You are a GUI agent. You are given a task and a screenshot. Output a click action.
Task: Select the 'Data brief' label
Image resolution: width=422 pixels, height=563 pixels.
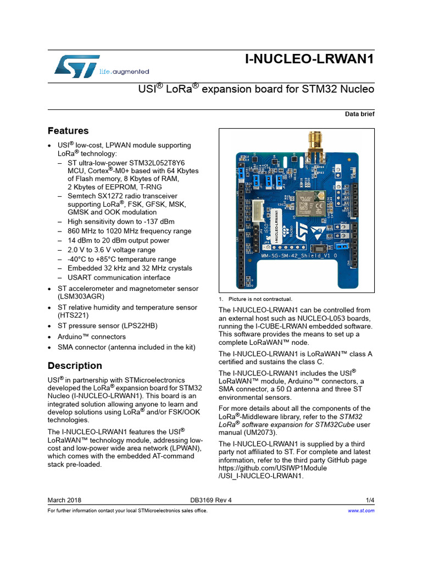click(x=359, y=114)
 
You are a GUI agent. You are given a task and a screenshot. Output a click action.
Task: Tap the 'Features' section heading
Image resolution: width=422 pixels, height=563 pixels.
click(x=68, y=131)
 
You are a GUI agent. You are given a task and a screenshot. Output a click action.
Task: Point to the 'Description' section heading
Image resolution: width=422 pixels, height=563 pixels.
click(x=75, y=366)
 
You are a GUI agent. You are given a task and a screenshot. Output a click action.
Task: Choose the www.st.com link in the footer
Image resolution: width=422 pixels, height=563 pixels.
click(x=362, y=511)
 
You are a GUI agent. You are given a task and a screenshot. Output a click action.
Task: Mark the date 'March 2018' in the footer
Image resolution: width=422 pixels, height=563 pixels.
click(x=64, y=500)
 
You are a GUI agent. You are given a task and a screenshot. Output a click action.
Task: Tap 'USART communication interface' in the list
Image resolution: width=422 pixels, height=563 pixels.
click(x=119, y=278)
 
